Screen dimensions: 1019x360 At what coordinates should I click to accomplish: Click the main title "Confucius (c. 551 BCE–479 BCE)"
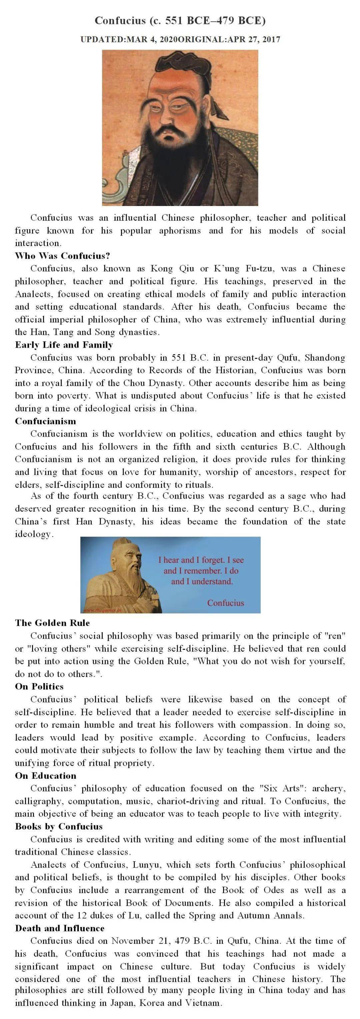[x=180, y=21]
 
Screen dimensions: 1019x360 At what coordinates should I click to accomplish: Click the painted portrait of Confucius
[x=180, y=127]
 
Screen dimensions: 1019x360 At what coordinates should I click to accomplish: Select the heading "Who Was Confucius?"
[x=63, y=256]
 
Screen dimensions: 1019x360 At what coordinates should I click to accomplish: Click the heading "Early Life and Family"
[x=64, y=345]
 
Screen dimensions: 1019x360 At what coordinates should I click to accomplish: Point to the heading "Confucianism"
[x=45, y=421]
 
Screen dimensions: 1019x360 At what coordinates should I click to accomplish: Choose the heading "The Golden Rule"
[x=52, y=623]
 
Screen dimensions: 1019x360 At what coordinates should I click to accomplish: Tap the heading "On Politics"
[x=39, y=686]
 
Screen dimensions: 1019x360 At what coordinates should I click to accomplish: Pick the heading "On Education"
[x=45, y=775]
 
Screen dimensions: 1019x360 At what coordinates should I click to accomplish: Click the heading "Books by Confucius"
[x=59, y=826]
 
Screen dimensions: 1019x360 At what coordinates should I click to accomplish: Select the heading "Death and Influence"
[x=60, y=928]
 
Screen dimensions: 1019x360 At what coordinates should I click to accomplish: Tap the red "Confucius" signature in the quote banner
[x=225, y=603]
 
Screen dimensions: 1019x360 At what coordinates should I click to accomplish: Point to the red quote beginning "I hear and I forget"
[x=201, y=570]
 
